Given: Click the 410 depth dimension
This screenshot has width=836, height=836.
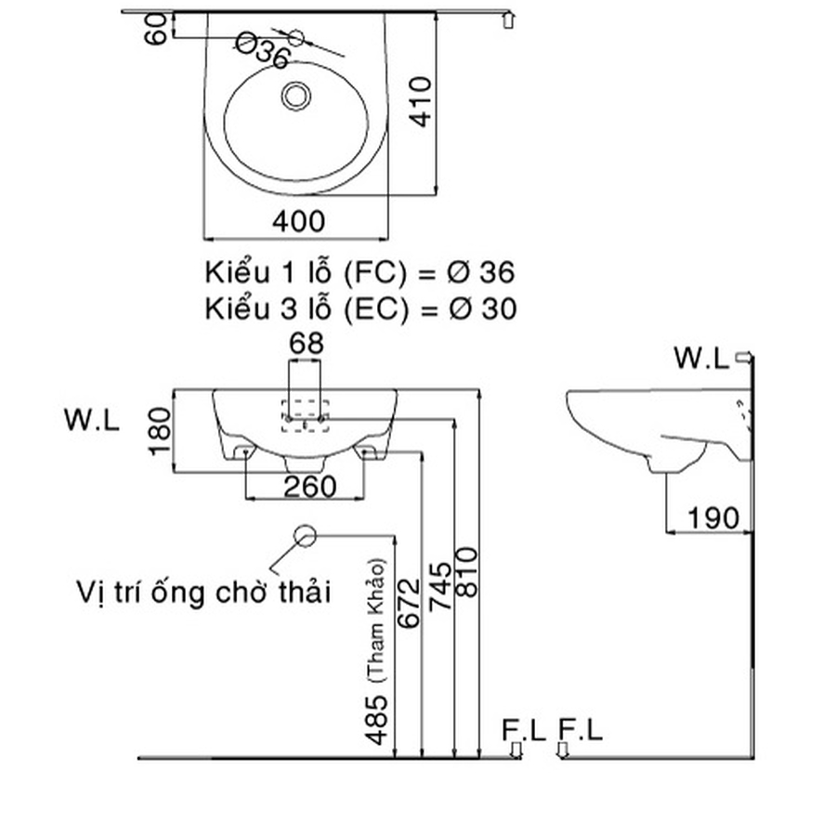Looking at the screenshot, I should (422, 102).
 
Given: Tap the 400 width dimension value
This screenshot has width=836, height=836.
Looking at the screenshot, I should (299, 221).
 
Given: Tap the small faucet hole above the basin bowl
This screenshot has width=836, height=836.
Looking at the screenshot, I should (297, 37).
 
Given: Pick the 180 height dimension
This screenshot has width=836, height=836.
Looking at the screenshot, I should (159, 432).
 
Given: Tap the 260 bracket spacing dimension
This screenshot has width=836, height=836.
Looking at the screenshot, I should (304, 487).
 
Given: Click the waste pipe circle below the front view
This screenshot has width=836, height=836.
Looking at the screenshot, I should (306, 536).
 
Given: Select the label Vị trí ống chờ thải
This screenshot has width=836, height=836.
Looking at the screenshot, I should (204, 592).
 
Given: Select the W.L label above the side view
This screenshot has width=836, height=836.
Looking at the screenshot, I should (701, 358).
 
